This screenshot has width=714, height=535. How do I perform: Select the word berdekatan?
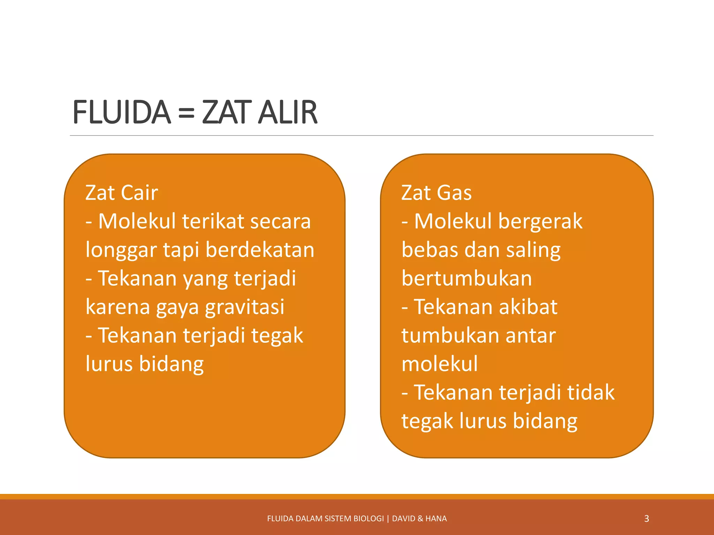260,250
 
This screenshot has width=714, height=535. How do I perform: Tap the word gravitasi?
244,307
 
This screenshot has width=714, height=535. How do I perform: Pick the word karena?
117,307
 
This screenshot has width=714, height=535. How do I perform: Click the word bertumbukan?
466,278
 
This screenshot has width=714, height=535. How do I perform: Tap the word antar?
530,335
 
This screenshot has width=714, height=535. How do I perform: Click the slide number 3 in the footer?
646,519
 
